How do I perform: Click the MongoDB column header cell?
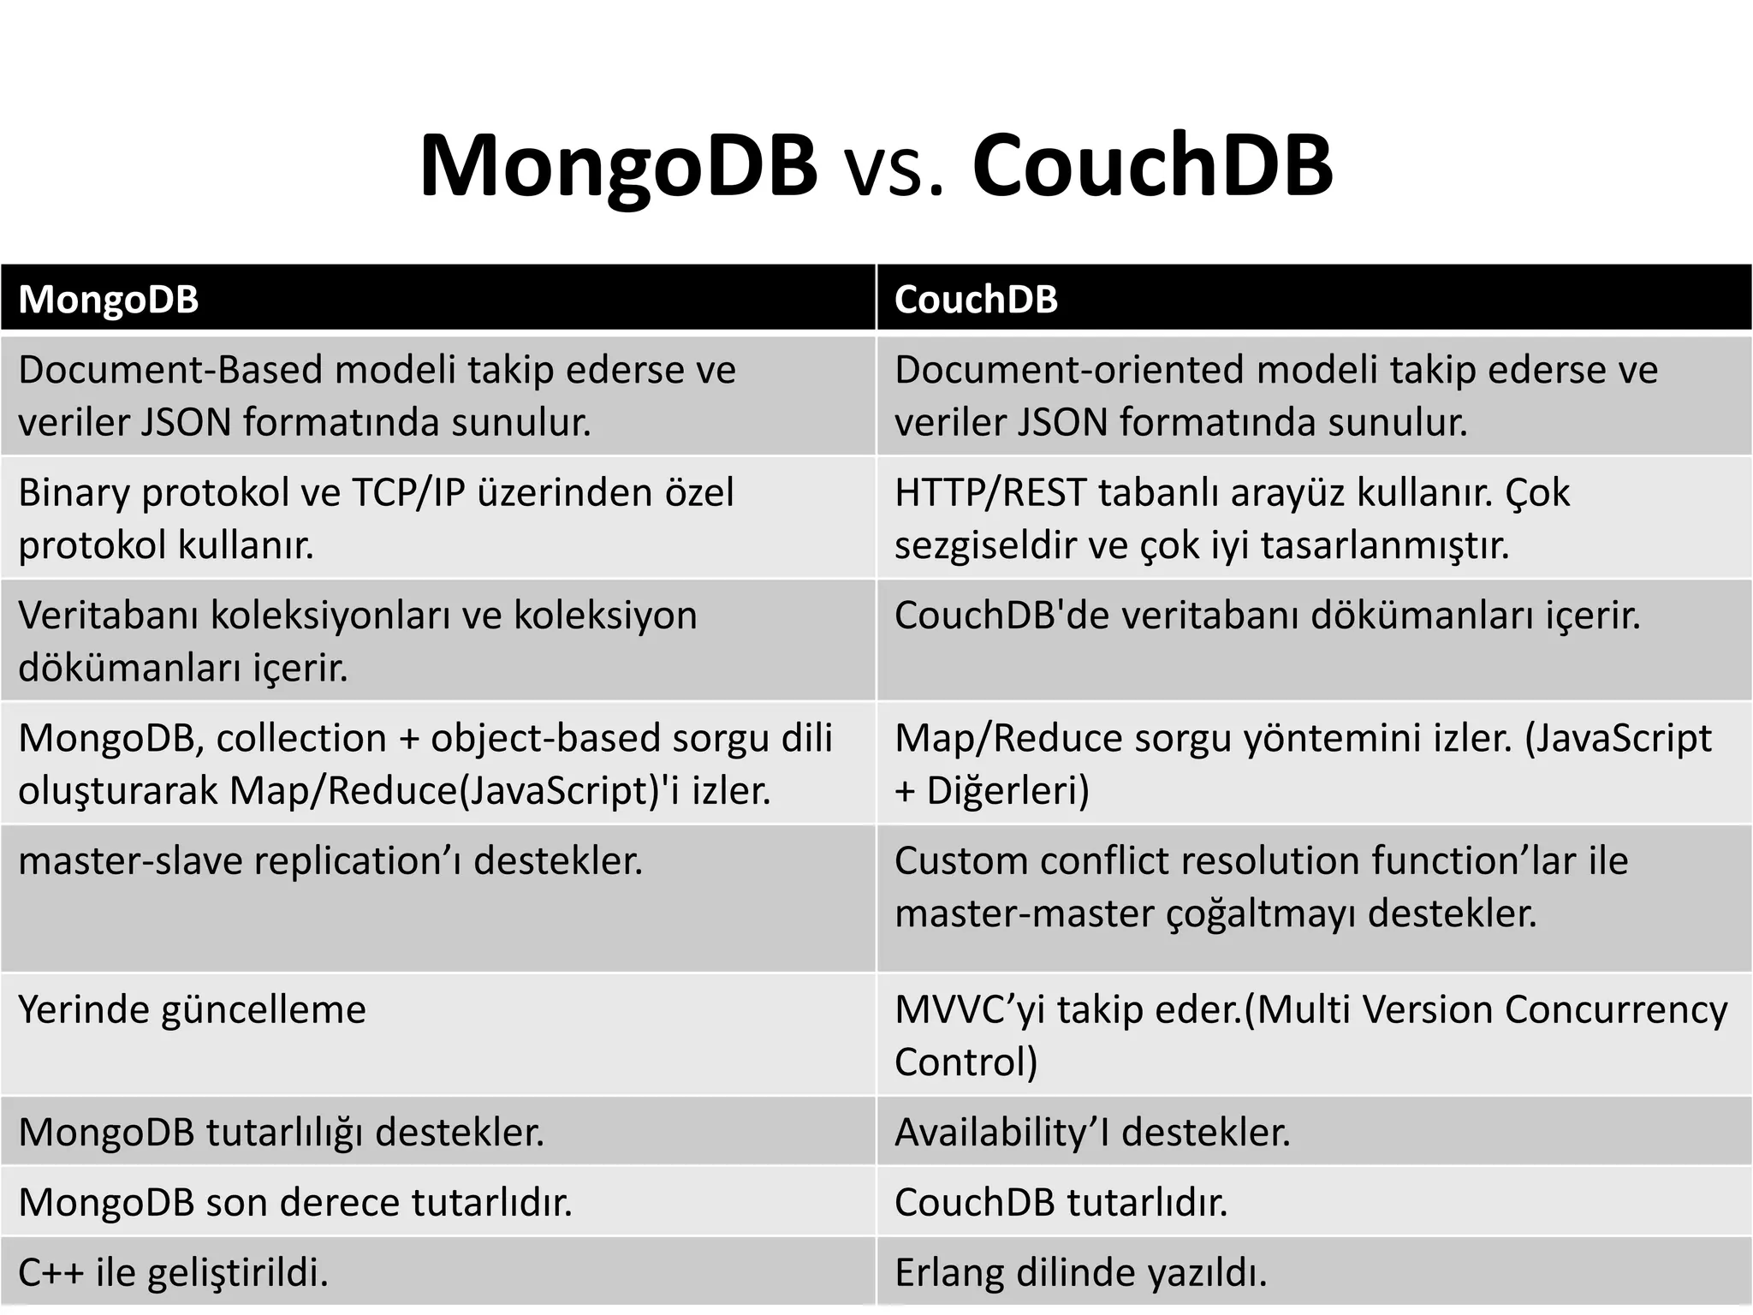coord(437,299)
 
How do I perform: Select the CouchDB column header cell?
coord(1314,299)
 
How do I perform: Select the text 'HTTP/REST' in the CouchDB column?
coord(990,493)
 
